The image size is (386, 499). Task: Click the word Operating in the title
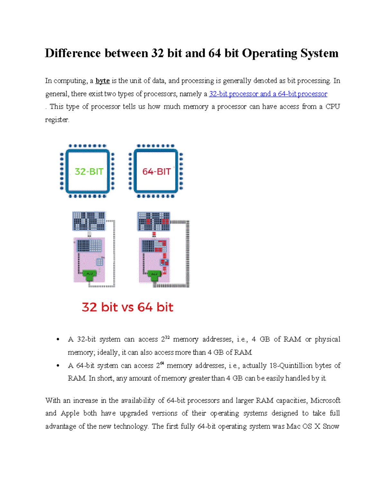(270, 53)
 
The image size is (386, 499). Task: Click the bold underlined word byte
(103, 81)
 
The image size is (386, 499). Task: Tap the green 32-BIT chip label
(89, 172)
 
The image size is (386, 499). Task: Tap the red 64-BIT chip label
(156, 172)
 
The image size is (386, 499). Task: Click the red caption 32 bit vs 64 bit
(127, 307)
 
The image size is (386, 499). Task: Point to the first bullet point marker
(58, 340)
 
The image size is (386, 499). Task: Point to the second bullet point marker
(58, 366)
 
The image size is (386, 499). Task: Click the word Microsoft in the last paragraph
(325, 400)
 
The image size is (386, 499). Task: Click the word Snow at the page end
(331, 426)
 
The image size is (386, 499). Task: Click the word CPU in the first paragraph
(333, 107)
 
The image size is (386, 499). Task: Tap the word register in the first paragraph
(57, 120)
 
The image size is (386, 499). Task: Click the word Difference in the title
(73, 53)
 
